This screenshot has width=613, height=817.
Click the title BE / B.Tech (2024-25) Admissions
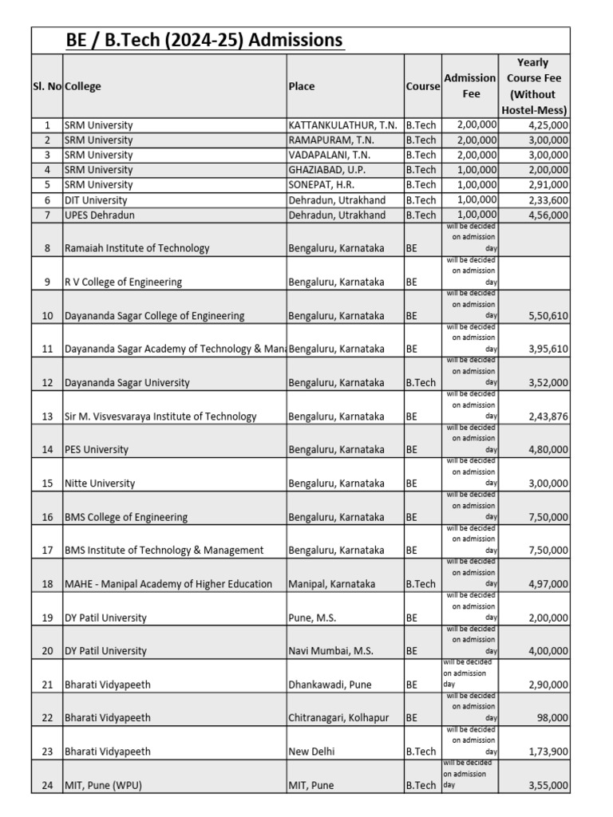click(x=204, y=40)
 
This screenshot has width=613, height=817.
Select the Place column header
click(x=302, y=86)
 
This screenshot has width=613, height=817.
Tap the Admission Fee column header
click(x=470, y=85)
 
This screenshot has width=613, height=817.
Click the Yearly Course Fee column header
click(x=534, y=86)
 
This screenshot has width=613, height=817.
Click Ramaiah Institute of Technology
click(x=137, y=248)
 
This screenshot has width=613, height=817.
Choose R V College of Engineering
click(x=124, y=282)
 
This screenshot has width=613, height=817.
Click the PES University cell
click(x=97, y=450)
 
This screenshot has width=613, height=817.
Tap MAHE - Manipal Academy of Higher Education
click(x=168, y=584)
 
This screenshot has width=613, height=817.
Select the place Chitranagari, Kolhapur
click(x=338, y=718)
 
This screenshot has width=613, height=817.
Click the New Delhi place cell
click(x=311, y=752)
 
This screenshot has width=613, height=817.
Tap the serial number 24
click(x=47, y=785)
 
